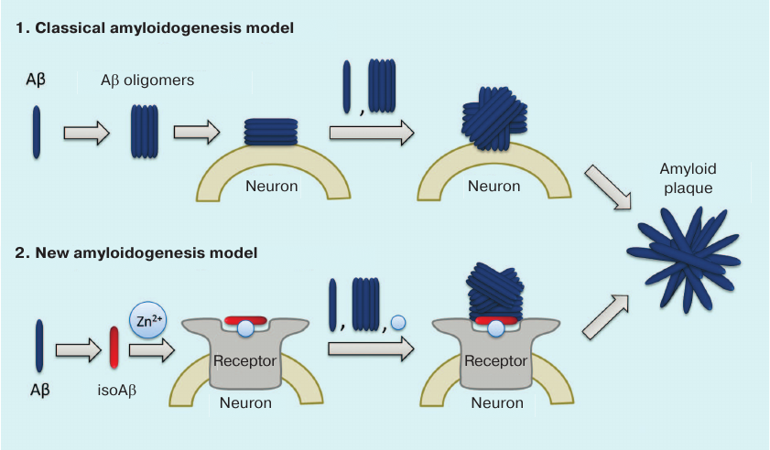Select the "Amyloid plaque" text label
pos(687,178)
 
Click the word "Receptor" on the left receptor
pos(244,359)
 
